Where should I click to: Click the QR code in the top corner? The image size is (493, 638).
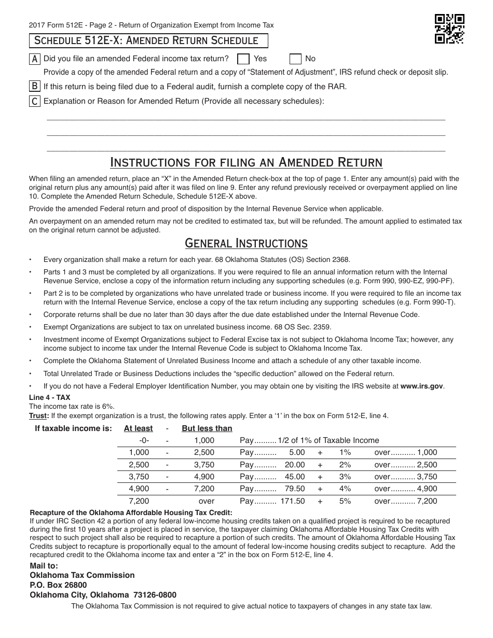coord(449,29)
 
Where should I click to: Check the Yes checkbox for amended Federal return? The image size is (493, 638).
coord(243,59)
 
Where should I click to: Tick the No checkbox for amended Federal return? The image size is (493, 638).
coord(295,59)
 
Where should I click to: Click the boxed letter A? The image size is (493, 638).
coord(34,59)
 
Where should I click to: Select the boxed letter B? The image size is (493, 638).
coord(34,86)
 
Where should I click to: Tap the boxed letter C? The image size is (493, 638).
coord(34,101)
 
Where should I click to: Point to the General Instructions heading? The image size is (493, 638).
coord(246,243)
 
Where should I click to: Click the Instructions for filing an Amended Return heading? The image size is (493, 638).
coord(246,162)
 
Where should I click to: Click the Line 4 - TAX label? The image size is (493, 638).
coord(50,397)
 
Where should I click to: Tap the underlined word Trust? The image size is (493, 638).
coord(39,415)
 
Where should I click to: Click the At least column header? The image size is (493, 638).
coord(139,428)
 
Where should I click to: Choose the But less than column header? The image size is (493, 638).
coord(207,428)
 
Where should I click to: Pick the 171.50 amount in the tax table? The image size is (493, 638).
coord(293,501)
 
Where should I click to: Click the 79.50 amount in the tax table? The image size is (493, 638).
coord(295,489)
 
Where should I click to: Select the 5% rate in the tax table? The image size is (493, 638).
coord(345,501)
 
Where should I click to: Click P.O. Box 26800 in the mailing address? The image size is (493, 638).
coord(59,585)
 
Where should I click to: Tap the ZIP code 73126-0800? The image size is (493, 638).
coord(154,595)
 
